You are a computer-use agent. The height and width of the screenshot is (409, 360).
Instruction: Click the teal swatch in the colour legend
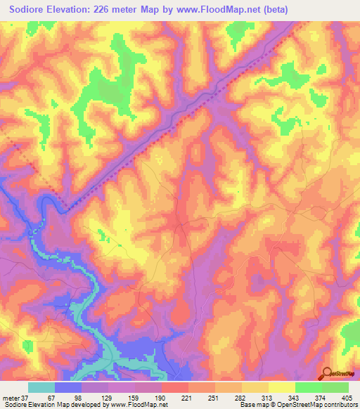click(x=41, y=387)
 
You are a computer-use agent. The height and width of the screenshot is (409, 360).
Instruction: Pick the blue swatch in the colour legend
click(x=68, y=387)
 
